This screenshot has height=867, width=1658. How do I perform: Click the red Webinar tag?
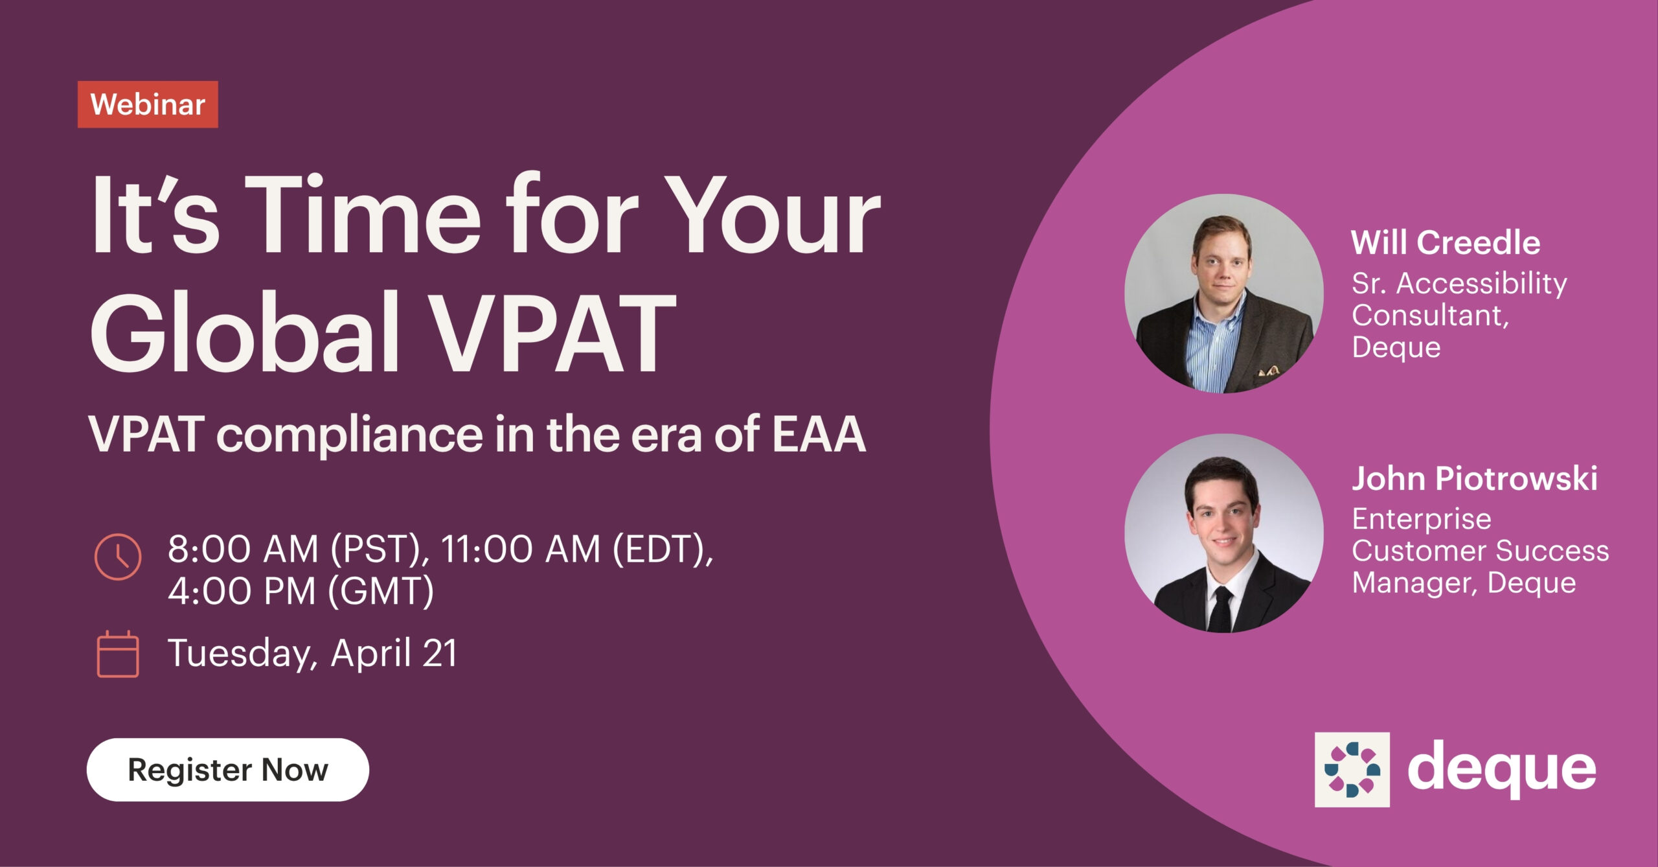click(x=148, y=104)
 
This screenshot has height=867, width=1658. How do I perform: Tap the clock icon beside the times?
click(x=118, y=557)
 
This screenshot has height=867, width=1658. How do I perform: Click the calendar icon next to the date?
click(x=118, y=654)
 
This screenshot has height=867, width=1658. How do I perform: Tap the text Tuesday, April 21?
click(x=312, y=653)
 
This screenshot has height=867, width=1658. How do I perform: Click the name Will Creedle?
click(x=1446, y=243)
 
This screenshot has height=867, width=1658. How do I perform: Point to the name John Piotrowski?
click(x=1474, y=479)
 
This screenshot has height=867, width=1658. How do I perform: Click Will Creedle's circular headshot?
click(x=1223, y=294)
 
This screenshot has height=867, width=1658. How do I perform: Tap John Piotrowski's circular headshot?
click(x=1223, y=533)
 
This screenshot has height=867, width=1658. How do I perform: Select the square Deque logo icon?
click(x=1352, y=769)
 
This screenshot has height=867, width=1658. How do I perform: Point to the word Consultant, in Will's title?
click(x=1430, y=316)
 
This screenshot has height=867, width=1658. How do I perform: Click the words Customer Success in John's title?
click(x=1480, y=551)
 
